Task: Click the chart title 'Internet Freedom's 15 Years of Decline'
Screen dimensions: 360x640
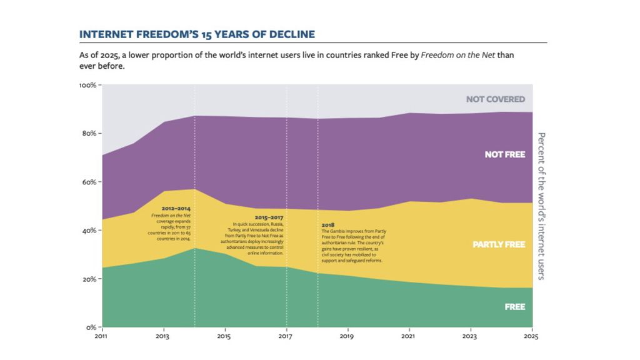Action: pos(197,34)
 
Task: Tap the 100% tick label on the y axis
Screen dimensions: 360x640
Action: pos(87,85)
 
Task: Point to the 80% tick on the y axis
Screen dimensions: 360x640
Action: pos(89,133)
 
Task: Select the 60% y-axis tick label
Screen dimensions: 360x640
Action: pos(89,182)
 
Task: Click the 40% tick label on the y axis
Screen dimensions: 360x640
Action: pos(89,230)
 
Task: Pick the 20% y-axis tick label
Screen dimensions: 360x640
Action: pos(89,279)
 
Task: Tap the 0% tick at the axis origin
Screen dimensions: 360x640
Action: pos(91,327)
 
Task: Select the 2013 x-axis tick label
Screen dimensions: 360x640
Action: pos(164,336)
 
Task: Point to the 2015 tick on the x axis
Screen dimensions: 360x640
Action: pos(225,336)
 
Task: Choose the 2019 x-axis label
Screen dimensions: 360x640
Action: pos(348,336)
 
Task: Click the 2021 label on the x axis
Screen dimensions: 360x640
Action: pos(409,336)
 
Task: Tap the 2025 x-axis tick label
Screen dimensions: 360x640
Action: pos(531,336)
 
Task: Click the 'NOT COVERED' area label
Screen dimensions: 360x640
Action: pos(495,99)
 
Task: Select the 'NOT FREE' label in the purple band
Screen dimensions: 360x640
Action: pos(504,154)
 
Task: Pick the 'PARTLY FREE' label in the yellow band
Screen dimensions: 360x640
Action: pos(498,244)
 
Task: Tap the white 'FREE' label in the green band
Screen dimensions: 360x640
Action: pos(514,307)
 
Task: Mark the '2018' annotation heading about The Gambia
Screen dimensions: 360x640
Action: pos(328,224)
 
